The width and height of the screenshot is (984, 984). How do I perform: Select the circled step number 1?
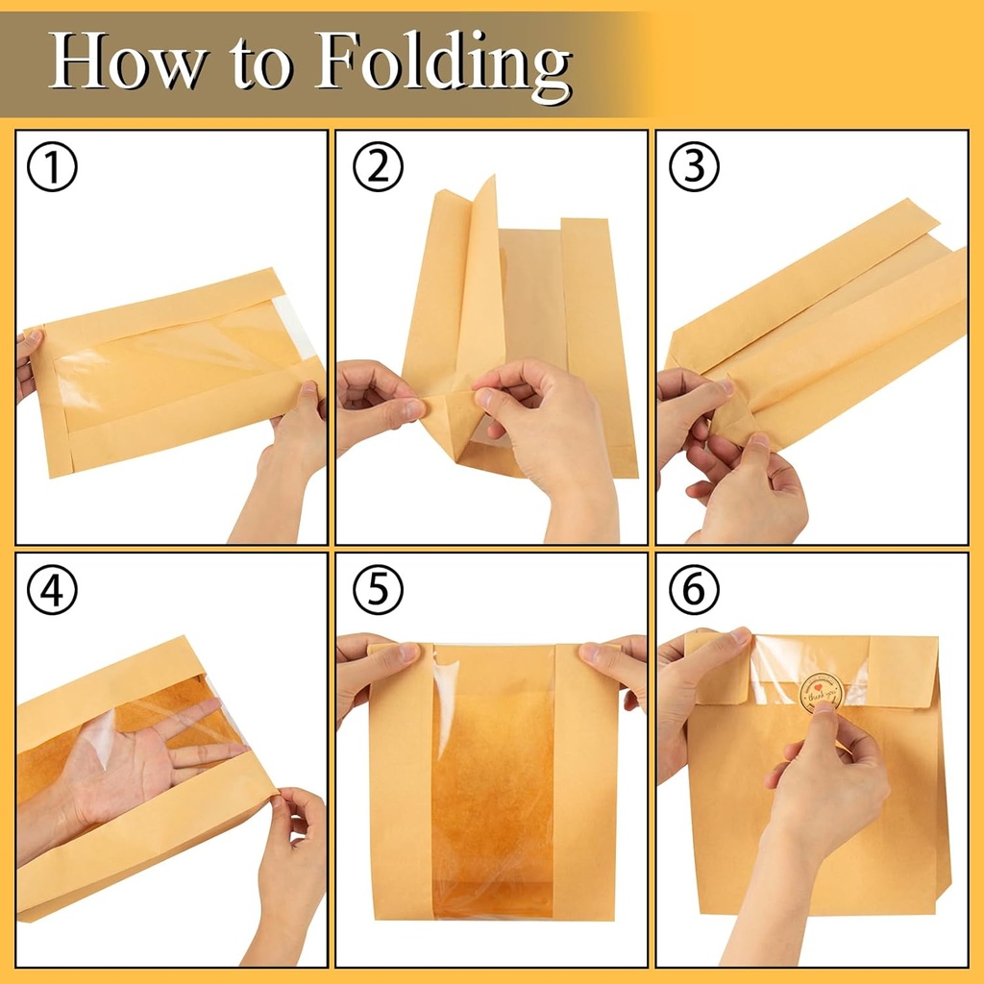click(x=52, y=167)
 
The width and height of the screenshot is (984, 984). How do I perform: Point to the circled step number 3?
click(x=695, y=167)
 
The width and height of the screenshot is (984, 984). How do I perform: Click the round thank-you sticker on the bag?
click(x=822, y=689)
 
